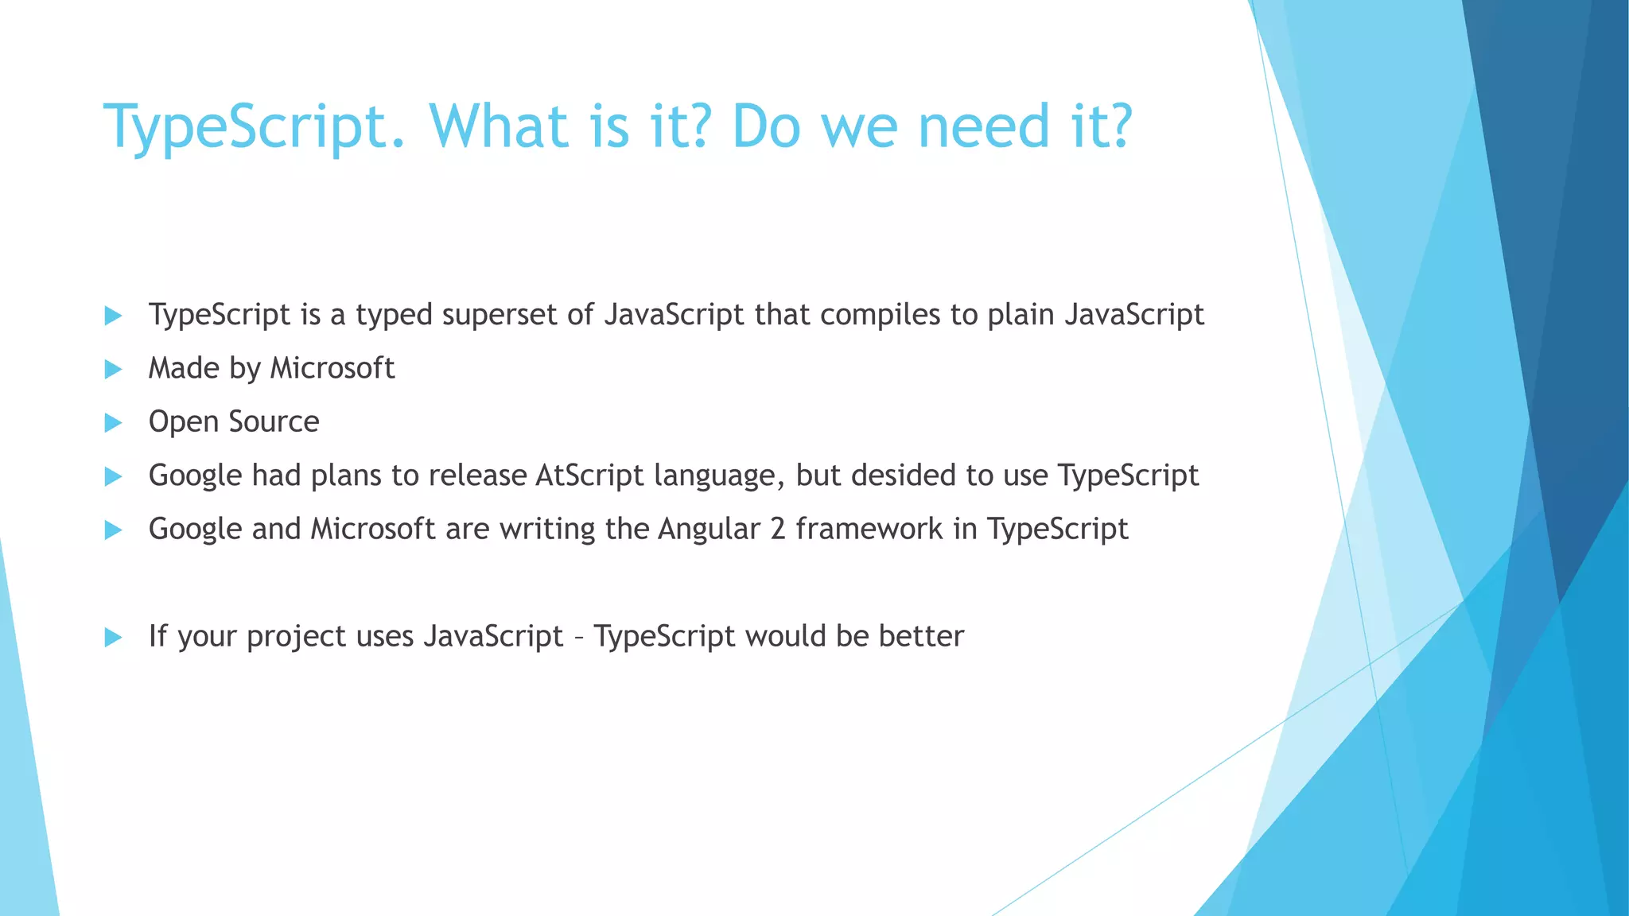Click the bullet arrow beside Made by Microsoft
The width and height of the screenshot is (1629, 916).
[x=114, y=369]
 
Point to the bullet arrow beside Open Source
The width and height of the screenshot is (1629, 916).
[x=114, y=422]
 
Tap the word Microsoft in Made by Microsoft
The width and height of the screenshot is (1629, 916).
[x=332, y=368]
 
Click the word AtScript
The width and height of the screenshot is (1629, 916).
[x=589, y=475]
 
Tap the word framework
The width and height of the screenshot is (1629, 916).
[x=869, y=529]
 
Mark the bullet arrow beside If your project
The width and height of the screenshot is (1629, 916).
[x=114, y=637]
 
